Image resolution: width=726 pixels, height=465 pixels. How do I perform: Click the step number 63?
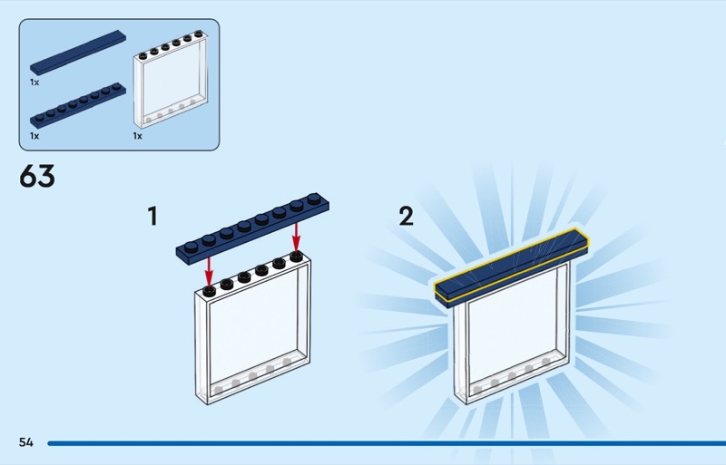(x=37, y=176)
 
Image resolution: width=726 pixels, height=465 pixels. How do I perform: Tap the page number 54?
(x=26, y=442)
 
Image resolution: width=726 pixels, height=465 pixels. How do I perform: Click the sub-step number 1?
(x=152, y=216)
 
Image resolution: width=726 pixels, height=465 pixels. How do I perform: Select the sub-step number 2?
(x=406, y=216)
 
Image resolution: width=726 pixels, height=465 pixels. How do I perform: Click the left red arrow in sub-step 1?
(x=209, y=271)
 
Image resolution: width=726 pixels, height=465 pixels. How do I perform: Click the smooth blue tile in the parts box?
(x=78, y=53)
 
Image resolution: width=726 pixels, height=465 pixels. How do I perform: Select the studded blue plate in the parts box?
(x=78, y=105)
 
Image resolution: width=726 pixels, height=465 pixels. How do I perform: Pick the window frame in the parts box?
(x=171, y=80)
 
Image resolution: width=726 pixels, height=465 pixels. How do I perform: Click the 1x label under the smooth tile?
(x=34, y=82)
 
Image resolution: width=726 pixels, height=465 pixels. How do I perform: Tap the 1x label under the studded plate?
(x=34, y=136)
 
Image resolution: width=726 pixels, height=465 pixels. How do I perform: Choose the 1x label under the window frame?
(x=138, y=136)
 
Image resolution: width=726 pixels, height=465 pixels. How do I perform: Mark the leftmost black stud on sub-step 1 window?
(x=209, y=291)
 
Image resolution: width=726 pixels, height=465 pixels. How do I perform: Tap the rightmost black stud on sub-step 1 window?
(x=297, y=256)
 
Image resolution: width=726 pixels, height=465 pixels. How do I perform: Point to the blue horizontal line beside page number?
(x=387, y=443)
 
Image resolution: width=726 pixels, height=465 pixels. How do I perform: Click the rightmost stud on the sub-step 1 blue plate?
(x=314, y=198)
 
